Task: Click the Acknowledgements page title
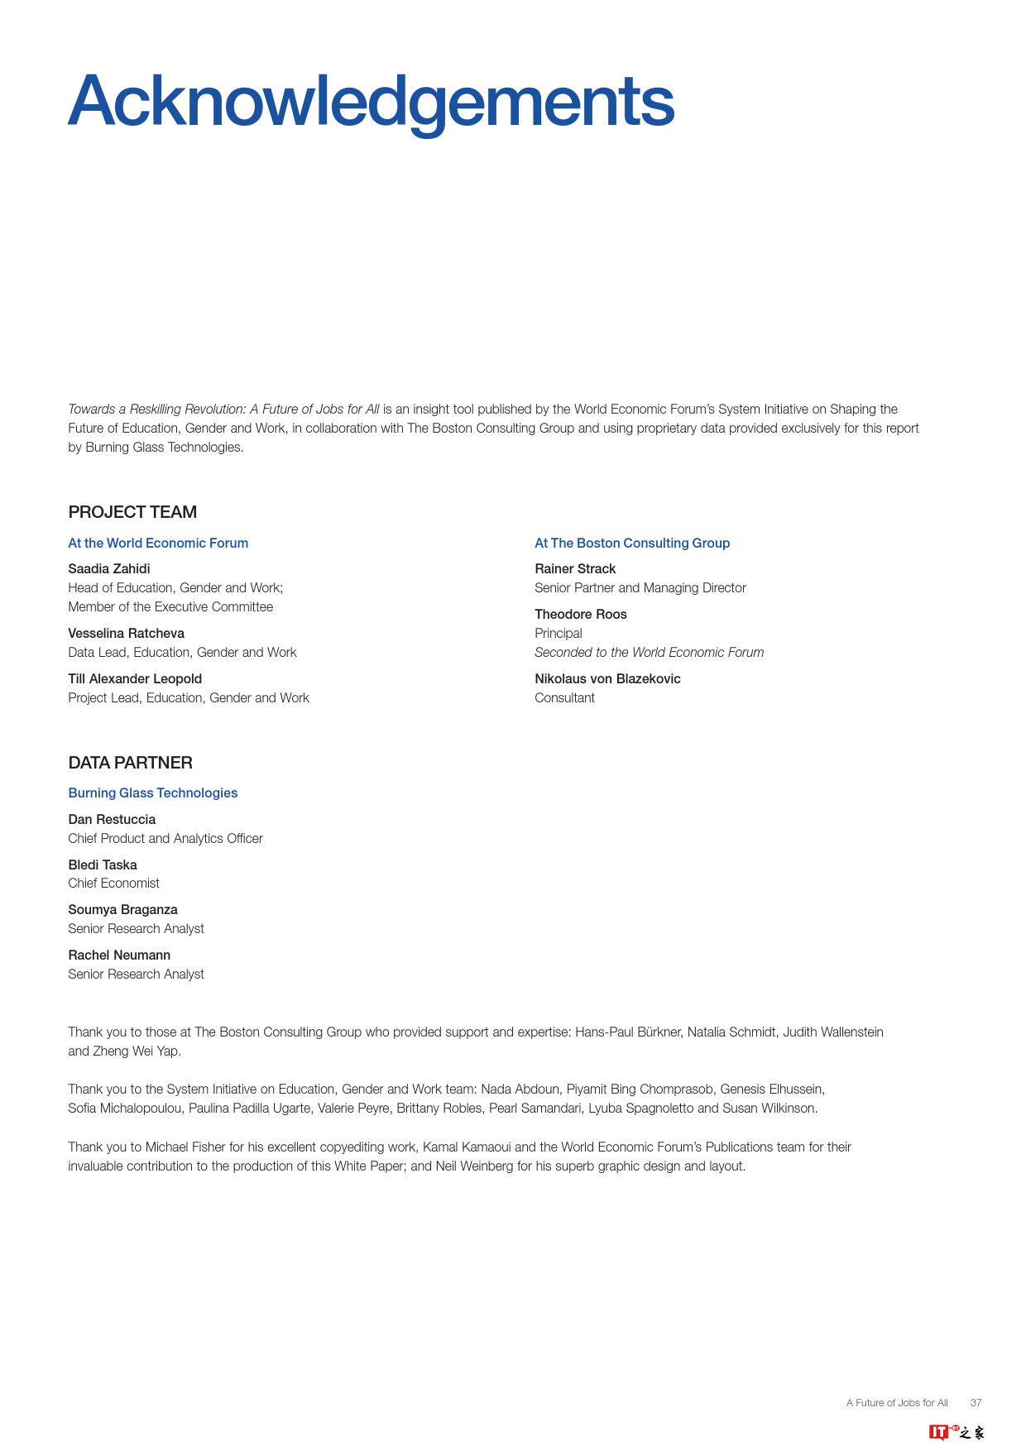point(371,102)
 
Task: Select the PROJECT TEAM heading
point(132,512)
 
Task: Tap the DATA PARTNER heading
point(131,763)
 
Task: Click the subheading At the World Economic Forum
point(158,543)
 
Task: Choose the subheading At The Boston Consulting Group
point(632,543)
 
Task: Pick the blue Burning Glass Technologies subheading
point(153,793)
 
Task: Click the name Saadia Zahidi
point(109,568)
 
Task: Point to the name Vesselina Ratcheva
point(127,633)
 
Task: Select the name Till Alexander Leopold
point(135,678)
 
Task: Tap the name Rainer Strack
point(575,568)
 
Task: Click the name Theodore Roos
point(581,614)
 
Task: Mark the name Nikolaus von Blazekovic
point(607,678)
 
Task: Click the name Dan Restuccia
point(112,819)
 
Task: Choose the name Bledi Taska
point(103,864)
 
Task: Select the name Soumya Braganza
point(122,909)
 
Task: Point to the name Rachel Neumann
point(119,955)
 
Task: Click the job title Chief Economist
point(113,883)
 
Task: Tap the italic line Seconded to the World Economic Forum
point(650,652)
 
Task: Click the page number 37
point(976,1402)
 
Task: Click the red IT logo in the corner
point(939,1432)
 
